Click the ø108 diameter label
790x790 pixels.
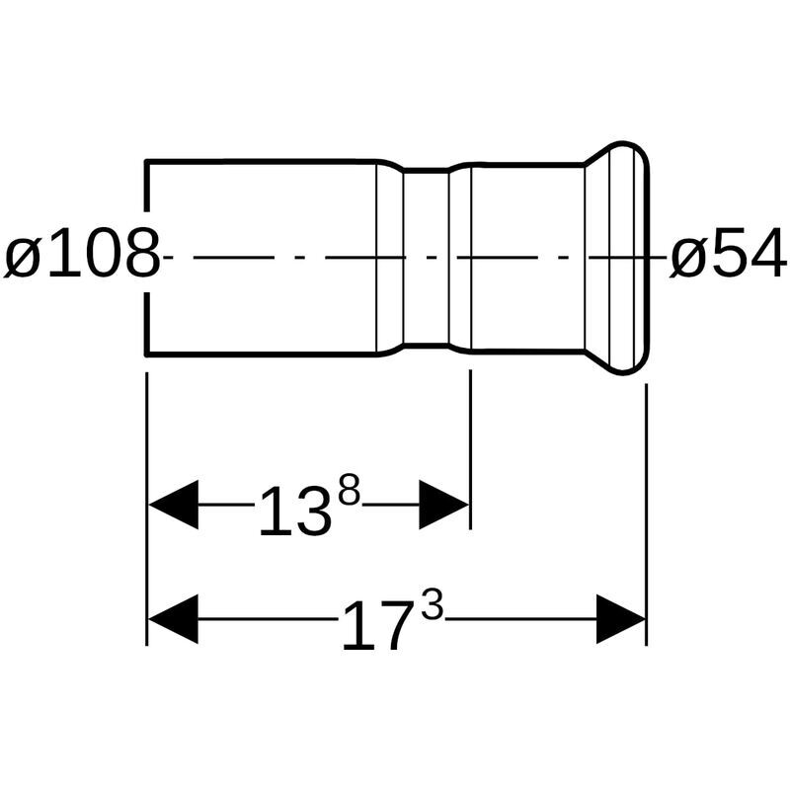tap(82, 254)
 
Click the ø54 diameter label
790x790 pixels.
tap(728, 255)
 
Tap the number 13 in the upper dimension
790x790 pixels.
tap(295, 511)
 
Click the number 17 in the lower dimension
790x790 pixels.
tap(375, 626)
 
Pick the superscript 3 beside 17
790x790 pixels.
tap(433, 606)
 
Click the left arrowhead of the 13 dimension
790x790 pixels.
tap(173, 505)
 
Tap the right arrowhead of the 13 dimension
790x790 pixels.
tap(443, 505)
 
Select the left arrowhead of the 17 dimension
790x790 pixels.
tap(173, 619)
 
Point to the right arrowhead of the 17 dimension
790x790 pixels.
tap(621, 619)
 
